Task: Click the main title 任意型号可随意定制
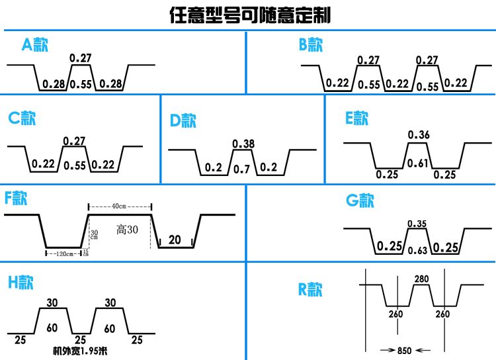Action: click(x=250, y=15)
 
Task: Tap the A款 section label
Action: click(x=35, y=44)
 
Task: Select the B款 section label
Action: click(x=311, y=44)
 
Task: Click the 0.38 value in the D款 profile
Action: click(x=243, y=144)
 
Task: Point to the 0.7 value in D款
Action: click(x=241, y=169)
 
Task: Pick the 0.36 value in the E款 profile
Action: click(x=419, y=135)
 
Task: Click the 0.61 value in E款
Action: click(x=417, y=163)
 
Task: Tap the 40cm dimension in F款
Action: click(x=119, y=206)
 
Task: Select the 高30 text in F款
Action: click(x=127, y=230)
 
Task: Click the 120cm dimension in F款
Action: click(x=65, y=253)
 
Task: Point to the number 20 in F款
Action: click(x=175, y=240)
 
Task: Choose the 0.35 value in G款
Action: click(x=417, y=224)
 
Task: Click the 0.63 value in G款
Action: click(x=417, y=251)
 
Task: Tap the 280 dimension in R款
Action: click(x=422, y=279)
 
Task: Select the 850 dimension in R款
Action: click(x=405, y=351)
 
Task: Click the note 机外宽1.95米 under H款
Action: click(x=80, y=351)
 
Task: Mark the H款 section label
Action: click(x=21, y=282)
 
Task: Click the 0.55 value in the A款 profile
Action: click(x=81, y=84)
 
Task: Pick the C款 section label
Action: click(x=22, y=118)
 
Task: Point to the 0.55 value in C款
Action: click(x=75, y=165)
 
